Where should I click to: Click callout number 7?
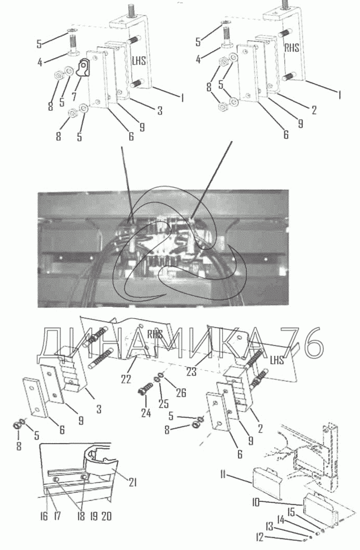tap(73, 97)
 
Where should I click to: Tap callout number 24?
tap(146, 414)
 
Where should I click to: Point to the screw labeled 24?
tap(145, 390)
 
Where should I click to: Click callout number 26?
tap(181, 393)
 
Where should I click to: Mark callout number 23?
tap(191, 372)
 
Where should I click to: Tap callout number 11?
tap(223, 475)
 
